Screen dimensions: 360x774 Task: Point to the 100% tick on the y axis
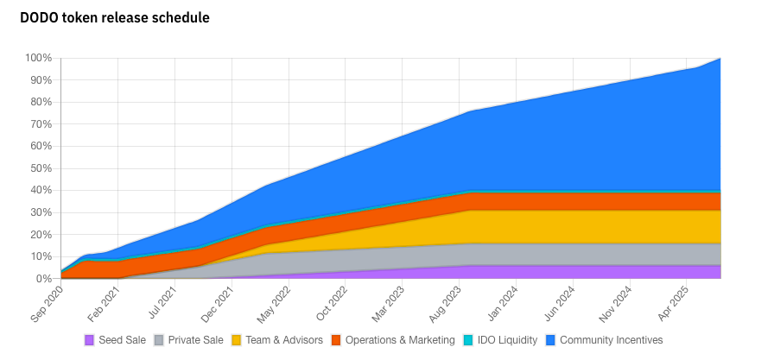coord(40,58)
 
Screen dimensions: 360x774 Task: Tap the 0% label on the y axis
coord(45,279)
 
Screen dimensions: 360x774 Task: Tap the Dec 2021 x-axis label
coord(213,304)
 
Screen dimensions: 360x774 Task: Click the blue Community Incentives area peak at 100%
coord(720,60)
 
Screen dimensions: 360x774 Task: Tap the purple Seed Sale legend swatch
coord(89,340)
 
